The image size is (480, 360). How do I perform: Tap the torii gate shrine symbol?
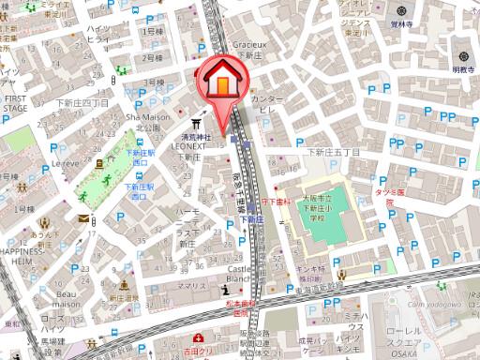click(197, 123)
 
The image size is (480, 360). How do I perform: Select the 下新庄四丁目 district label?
click(82, 102)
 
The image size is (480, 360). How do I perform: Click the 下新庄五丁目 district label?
click(334, 152)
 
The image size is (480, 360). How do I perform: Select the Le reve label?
click(65, 162)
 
